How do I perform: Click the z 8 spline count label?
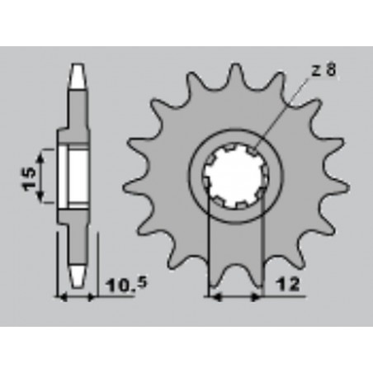[323, 70]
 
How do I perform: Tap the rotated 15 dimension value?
[29, 178]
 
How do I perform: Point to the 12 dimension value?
[289, 285]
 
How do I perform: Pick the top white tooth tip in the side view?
[78, 76]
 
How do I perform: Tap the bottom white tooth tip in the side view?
[78, 276]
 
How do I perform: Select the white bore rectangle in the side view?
[73, 176]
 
